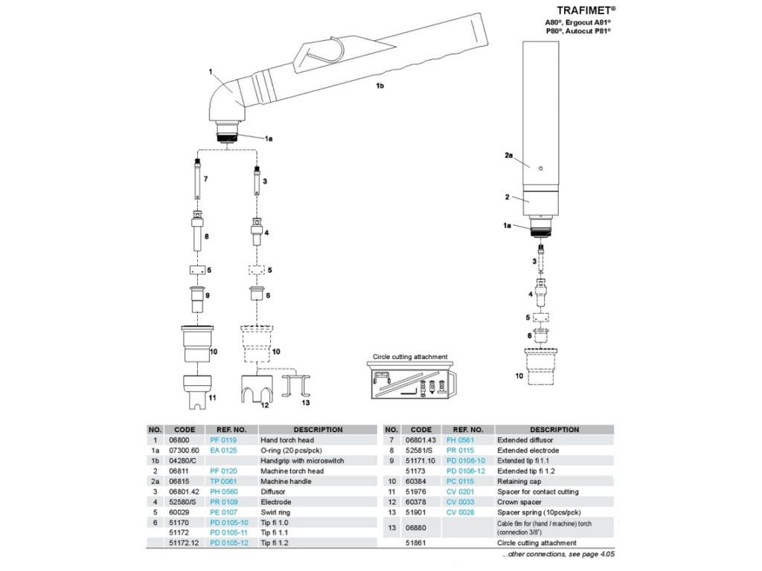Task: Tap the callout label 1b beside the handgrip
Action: coord(380,86)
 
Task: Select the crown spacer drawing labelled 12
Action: coord(256,392)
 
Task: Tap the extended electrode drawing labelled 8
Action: coord(197,233)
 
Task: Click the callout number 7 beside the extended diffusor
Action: coord(205,181)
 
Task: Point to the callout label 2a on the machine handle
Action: coord(509,155)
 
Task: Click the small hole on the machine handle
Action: coord(543,167)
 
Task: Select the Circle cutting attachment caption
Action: coord(411,357)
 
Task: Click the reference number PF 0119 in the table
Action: coord(223,440)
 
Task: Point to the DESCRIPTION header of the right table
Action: coord(554,430)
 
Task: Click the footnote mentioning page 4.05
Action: coord(558,555)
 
